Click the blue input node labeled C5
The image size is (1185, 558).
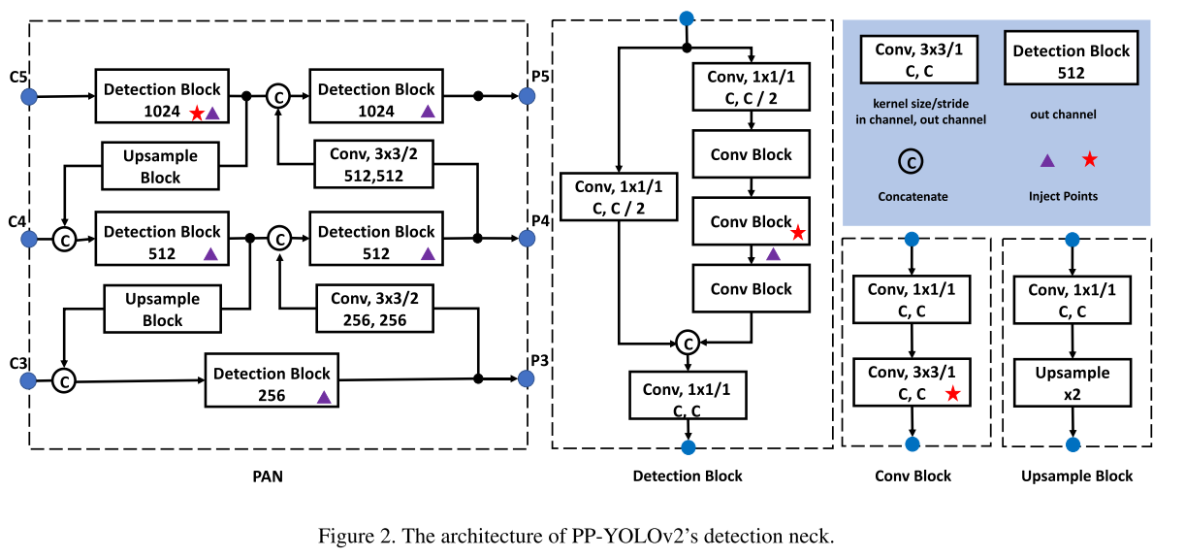coord(28,96)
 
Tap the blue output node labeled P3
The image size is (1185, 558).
coord(527,377)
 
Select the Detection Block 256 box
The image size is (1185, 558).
coord(272,384)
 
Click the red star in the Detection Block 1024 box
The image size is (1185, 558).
coord(197,113)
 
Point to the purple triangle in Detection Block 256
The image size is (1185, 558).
coord(324,396)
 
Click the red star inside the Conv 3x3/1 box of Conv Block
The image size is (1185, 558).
coord(952,394)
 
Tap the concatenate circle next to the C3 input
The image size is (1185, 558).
coord(64,380)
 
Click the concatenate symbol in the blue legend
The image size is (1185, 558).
coord(912,162)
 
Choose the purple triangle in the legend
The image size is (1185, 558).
coord(1047,160)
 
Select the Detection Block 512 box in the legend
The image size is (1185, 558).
coord(1071,61)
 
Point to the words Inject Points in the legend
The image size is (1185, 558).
coord(1064,196)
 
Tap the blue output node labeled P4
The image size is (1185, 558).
coord(527,238)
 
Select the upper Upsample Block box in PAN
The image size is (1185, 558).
coord(161,166)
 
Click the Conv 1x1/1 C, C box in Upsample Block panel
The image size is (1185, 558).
coord(1072,300)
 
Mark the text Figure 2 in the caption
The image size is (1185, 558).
coord(350,536)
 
